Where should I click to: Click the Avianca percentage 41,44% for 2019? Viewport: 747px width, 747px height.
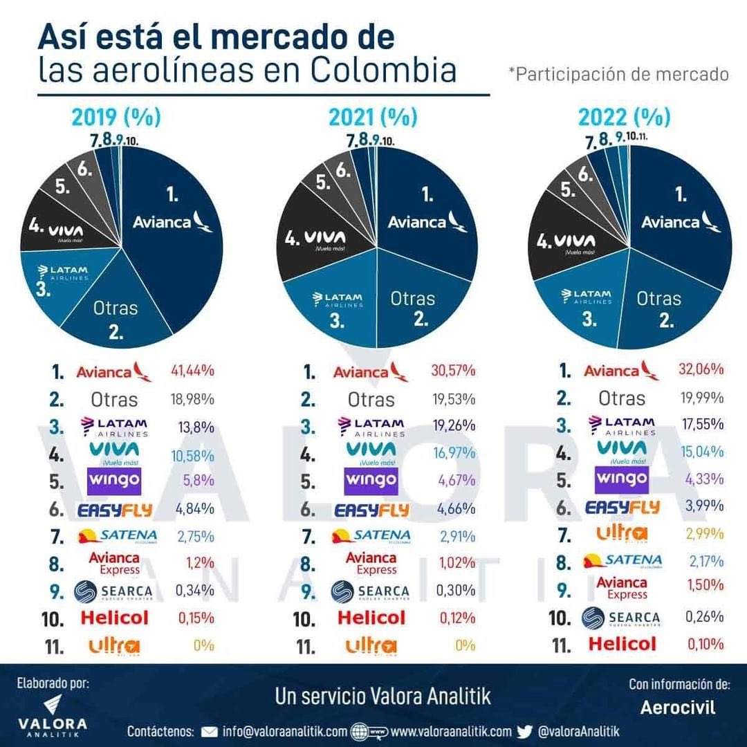(x=192, y=371)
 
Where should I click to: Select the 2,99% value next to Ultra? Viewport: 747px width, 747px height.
(x=705, y=533)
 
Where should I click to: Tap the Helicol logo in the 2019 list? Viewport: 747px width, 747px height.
(x=114, y=618)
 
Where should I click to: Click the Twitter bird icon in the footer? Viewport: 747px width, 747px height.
(x=524, y=732)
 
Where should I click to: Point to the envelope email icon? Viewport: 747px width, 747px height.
(x=209, y=732)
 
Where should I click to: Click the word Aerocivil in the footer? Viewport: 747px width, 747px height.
(x=678, y=708)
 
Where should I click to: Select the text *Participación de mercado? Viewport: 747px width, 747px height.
(x=618, y=74)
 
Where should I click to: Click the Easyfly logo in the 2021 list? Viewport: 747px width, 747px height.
(x=371, y=510)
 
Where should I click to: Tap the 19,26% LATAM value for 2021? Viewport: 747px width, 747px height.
(x=453, y=425)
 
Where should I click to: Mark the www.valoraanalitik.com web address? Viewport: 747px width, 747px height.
(x=450, y=732)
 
